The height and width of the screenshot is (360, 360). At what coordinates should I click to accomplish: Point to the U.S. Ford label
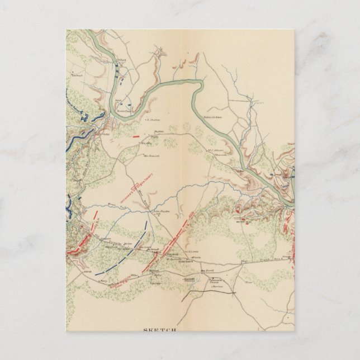click(x=119, y=60)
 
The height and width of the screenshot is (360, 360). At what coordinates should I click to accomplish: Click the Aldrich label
click(x=88, y=272)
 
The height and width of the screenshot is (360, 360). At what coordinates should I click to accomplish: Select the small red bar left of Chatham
click(x=135, y=135)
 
